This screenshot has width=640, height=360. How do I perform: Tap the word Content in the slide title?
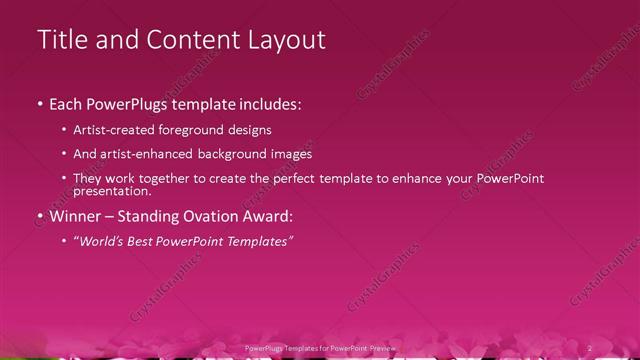(x=191, y=40)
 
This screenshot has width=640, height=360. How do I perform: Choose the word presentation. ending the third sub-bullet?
(x=112, y=191)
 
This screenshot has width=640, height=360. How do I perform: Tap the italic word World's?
(x=101, y=241)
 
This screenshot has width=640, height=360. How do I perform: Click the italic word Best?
(x=146, y=241)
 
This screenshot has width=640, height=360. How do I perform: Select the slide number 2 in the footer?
(x=589, y=347)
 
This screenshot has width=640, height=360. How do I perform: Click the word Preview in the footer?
(x=381, y=347)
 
